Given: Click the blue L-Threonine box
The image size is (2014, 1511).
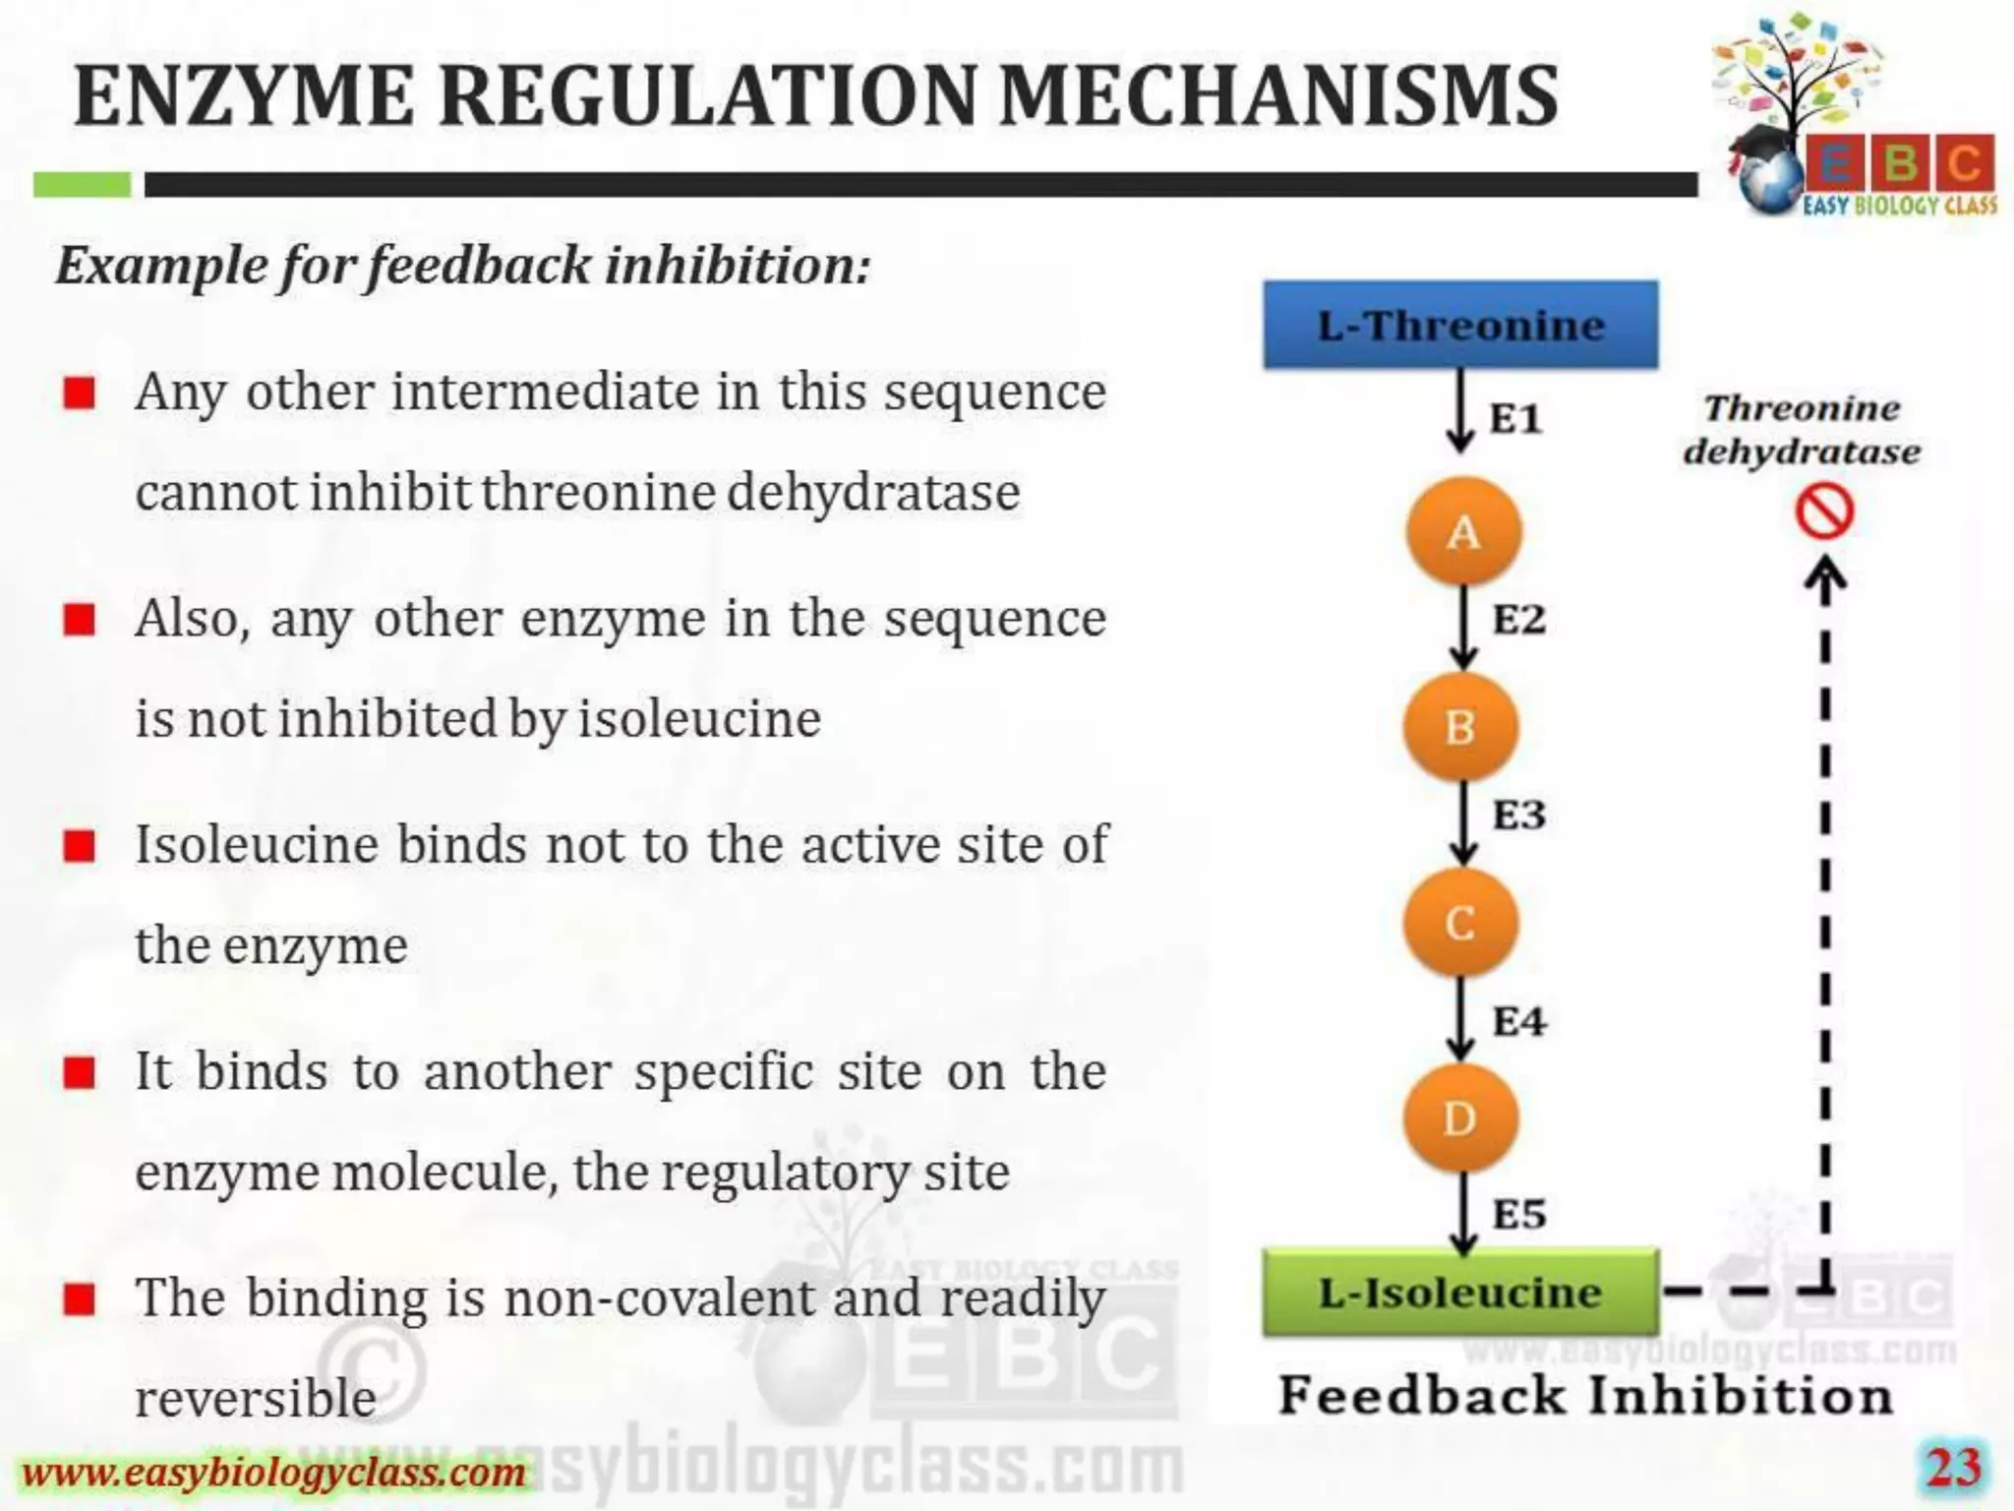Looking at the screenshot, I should [1460, 325].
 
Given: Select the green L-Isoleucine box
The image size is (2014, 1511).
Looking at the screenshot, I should [1460, 1292].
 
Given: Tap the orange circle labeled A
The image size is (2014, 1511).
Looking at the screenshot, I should [1463, 532].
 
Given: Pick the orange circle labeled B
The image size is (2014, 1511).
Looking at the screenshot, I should [1460, 727].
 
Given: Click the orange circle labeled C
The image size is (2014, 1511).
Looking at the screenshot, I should [1460, 923].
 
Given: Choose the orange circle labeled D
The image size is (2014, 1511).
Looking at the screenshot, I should [1460, 1118].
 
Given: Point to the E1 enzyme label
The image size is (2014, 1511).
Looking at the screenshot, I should [1514, 419].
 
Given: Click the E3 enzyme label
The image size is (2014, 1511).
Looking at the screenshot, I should [1519, 815].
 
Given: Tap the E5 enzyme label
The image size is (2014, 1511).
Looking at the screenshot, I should [1519, 1214].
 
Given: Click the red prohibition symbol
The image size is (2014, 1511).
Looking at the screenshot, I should [1824, 513].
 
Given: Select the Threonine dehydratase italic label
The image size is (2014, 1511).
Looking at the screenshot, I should [1802, 430].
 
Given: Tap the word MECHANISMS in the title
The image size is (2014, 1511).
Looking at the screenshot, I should [1278, 96].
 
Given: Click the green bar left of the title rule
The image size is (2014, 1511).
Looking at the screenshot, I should [82, 184].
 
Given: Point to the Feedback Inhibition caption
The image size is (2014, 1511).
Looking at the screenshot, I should [1585, 1395].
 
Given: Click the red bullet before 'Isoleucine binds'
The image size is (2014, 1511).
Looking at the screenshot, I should [79, 845].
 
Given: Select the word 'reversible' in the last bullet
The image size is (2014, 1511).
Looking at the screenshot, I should [256, 1398].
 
